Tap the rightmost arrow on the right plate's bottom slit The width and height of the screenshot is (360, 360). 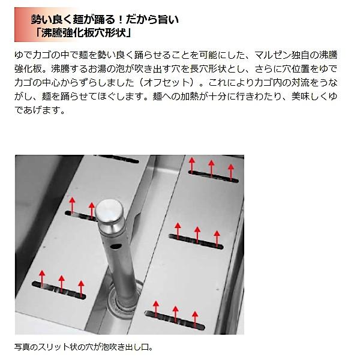(x=195, y=313)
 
